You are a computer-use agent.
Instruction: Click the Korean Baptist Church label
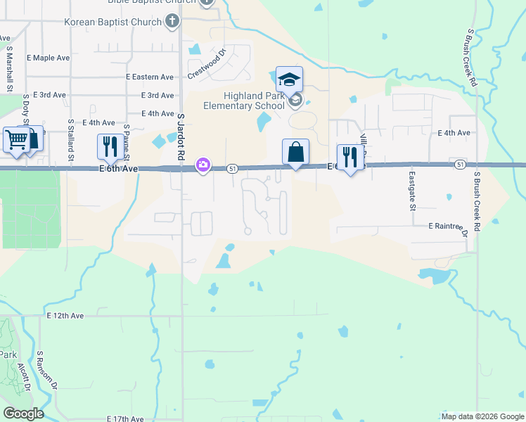point(113,22)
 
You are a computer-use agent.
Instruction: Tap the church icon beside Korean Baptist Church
point(172,21)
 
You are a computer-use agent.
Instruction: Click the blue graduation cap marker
point(289,79)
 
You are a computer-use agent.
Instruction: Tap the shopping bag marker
point(296,152)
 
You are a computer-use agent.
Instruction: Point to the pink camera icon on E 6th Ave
point(203,165)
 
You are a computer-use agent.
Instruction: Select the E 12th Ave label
point(65,316)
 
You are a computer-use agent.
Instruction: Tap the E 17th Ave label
point(125,418)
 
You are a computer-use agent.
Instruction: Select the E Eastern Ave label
point(149,77)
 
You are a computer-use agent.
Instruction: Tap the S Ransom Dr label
point(50,371)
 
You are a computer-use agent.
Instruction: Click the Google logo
point(23,414)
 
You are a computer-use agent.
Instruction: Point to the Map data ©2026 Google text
point(482,416)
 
